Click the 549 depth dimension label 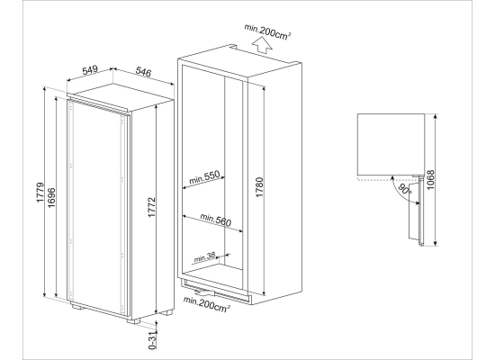(90, 70)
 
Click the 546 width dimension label (143, 72)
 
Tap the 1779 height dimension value (40, 193)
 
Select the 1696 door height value (51, 198)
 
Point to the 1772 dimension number (152, 207)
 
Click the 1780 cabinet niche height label (259, 187)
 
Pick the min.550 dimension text (204, 177)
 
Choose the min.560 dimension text (216, 220)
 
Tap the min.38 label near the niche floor (204, 257)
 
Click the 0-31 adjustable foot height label (153, 340)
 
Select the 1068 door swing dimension (430, 180)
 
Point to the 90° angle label (405, 189)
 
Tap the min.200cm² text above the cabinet (267, 31)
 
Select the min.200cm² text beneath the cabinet (207, 303)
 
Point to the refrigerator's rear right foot (166, 312)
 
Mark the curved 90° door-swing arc (400, 191)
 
